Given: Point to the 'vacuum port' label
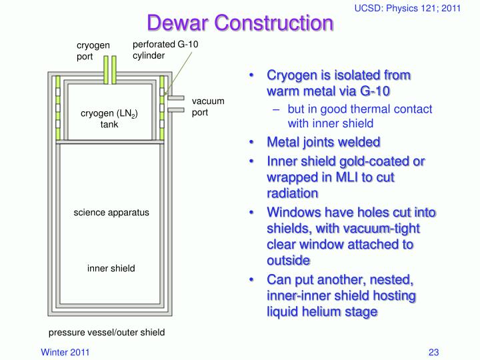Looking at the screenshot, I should pyautogui.click(x=208, y=107).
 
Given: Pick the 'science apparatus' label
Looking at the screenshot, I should pyautogui.click(x=111, y=213).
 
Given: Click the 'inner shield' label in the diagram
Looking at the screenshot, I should pyautogui.click(x=111, y=269).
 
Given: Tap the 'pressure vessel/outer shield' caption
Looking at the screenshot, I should pyautogui.click(x=106, y=332).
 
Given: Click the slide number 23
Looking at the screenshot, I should pyautogui.click(x=433, y=351).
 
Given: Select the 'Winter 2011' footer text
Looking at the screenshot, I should pyautogui.click(x=66, y=351).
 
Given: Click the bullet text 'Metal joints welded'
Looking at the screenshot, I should pyautogui.click(x=323, y=142).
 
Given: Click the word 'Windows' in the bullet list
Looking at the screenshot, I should pyautogui.click(x=292, y=213).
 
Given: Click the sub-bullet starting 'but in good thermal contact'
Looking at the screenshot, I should pyautogui.click(x=360, y=116).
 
